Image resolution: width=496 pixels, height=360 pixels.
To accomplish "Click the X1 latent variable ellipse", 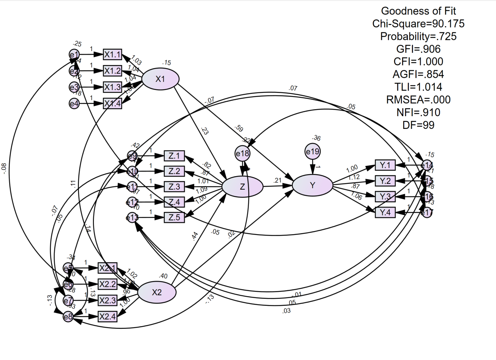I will (x=160, y=79).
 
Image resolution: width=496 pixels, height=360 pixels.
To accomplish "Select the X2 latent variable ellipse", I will (x=157, y=292).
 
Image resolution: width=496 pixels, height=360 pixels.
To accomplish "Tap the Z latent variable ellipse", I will (x=242, y=187).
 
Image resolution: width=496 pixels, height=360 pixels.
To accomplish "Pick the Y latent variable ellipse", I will (x=312, y=185).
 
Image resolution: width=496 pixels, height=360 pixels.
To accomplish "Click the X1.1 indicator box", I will (x=112, y=55).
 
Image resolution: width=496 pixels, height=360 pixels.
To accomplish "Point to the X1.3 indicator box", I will (x=112, y=87).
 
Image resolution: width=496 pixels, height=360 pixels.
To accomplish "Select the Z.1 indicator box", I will (x=174, y=156).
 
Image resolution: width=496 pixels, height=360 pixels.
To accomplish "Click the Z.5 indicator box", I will (x=174, y=217).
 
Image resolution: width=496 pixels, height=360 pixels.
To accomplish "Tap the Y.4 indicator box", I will (x=385, y=212).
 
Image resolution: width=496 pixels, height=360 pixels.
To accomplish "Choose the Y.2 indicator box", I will (x=385, y=181).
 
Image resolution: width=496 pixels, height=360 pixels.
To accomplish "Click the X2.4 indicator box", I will (x=107, y=317).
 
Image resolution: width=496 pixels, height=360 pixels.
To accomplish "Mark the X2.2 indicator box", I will (x=107, y=284).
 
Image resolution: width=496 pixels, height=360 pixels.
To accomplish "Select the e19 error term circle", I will (x=312, y=152).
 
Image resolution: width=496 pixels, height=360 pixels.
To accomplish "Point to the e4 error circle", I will (x=74, y=103).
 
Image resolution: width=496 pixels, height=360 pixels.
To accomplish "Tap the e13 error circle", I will (x=132, y=218).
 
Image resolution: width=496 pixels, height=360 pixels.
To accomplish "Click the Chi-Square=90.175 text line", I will (x=418, y=24).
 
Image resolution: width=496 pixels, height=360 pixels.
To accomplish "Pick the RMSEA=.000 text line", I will (x=418, y=100).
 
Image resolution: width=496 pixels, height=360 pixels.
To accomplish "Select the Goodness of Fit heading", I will (x=418, y=11).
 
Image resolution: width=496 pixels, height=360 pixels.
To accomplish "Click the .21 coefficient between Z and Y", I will (x=277, y=180).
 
